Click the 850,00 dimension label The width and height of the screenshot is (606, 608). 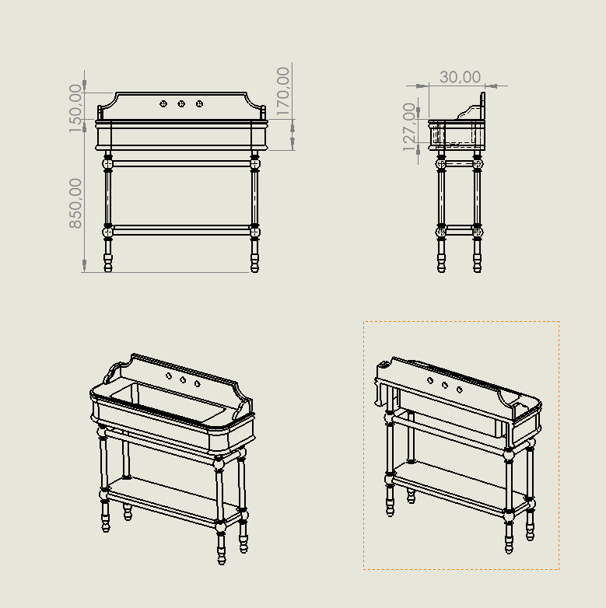click(75, 203)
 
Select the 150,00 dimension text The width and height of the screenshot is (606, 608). click(75, 108)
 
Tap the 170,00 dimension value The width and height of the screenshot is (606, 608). click(283, 92)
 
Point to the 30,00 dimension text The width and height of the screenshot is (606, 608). click(460, 77)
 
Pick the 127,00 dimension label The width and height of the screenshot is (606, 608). click(409, 128)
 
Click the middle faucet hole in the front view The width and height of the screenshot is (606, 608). click(181, 103)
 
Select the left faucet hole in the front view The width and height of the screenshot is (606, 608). click(163, 103)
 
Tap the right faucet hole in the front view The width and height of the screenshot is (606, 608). click(199, 103)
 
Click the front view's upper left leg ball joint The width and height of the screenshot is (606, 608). click(108, 163)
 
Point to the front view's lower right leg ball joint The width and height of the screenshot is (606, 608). click(254, 232)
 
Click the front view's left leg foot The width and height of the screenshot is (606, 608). click(108, 263)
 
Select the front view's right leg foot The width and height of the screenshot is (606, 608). click(254, 263)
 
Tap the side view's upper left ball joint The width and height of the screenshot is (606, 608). click(441, 163)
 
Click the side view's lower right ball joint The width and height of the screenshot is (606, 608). click(477, 232)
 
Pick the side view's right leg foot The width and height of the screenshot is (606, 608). click(477, 263)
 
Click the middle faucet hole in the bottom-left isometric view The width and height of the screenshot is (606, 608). click(183, 379)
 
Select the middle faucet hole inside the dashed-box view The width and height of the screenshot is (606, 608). click(445, 385)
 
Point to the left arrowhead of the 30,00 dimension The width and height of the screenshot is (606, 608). click(422, 86)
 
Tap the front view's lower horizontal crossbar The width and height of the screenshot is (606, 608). click(181, 230)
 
